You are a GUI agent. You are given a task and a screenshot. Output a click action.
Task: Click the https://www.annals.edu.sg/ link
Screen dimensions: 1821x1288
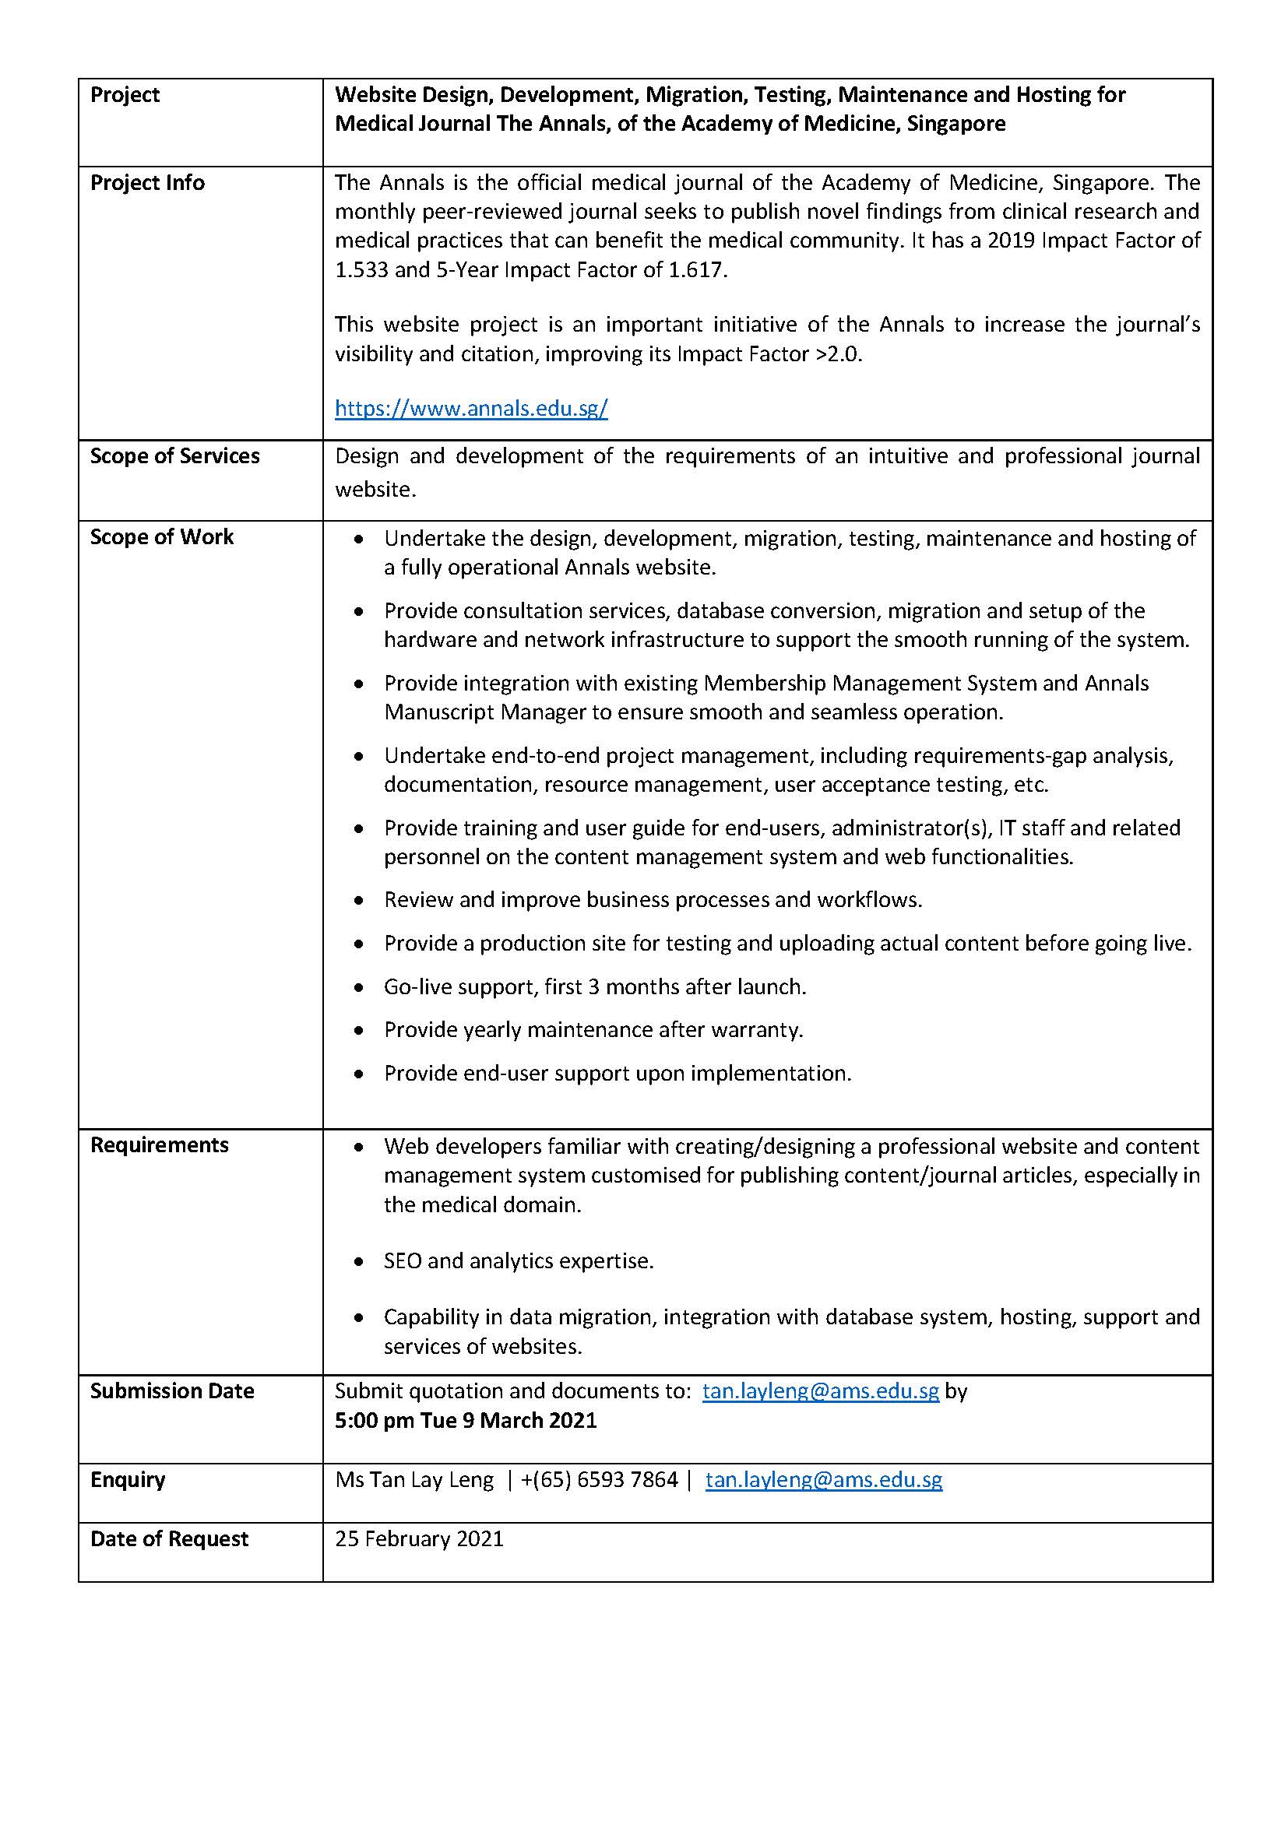point(471,409)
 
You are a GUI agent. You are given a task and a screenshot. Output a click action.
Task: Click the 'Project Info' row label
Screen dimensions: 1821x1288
point(147,183)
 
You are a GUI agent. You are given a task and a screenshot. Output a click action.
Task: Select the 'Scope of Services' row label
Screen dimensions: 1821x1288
point(174,456)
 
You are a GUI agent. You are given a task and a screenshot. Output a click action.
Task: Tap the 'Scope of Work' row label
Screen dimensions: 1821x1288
point(162,537)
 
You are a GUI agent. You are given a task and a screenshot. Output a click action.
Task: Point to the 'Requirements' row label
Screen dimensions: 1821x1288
point(160,1145)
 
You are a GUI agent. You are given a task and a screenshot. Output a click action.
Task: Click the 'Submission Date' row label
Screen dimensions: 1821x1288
point(172,1391)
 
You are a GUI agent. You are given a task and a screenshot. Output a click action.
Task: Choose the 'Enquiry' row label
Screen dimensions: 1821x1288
point(128,1480)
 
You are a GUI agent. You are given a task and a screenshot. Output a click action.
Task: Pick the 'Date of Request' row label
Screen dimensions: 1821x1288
point(169,1539)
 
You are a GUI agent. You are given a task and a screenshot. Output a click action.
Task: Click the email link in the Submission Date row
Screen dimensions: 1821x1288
point(821,1391)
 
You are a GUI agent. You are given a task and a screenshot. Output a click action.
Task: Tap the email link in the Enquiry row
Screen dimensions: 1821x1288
point(824,1480)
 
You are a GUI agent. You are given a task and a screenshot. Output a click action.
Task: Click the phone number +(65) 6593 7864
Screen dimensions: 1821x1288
point(600,1480)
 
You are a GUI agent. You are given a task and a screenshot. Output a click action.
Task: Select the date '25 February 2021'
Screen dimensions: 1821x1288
point(419,1539)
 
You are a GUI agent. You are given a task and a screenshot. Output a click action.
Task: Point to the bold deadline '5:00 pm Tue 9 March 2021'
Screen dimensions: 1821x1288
point(466,1421)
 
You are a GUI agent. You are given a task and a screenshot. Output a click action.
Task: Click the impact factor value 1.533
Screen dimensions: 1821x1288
point(361,270)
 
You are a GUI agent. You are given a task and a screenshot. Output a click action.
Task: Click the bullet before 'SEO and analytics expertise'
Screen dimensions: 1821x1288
point(359,1262)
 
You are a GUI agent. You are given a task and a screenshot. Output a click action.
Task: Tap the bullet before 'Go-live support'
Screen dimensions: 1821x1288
point(359,988)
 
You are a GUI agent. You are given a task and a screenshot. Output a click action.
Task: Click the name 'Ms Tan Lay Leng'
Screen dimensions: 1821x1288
point(414,1480)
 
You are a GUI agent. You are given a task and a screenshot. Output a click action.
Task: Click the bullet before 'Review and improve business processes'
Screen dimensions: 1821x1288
point(359,901)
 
